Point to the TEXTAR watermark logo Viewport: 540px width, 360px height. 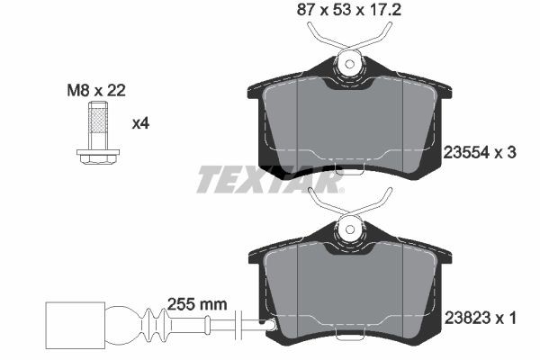point(270,181)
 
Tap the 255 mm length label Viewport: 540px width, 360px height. point(197,305)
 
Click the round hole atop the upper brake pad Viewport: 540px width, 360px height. point(349,63)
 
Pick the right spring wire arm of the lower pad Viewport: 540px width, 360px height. point(380,205)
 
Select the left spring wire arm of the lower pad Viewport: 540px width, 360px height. point(319,205)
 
